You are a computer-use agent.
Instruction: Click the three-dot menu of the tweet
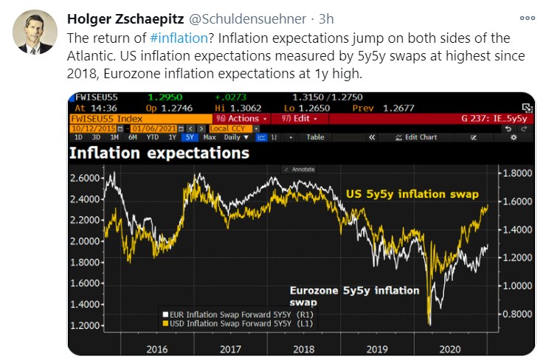528,18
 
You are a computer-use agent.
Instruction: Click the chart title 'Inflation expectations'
159,153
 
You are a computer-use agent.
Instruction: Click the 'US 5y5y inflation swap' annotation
412,194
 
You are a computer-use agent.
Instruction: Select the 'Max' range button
210,137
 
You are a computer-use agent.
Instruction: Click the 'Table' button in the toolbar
315,137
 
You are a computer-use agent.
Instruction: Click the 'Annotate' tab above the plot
303,169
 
